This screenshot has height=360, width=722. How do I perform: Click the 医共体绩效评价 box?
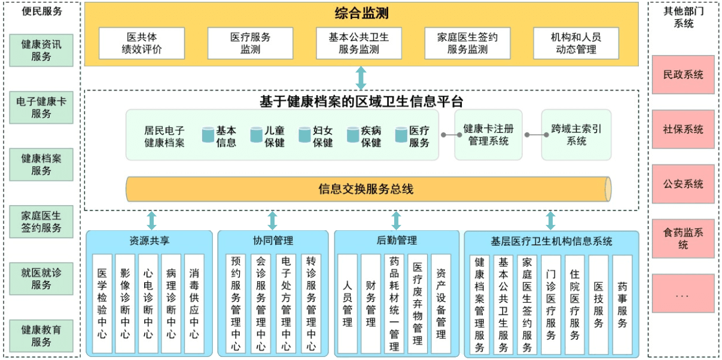pos(141,43)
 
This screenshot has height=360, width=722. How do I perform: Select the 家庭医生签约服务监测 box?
pos(467,43)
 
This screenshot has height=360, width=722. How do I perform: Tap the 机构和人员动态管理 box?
pos(575,43)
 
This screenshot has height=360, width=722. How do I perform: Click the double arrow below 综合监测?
pos(361,78)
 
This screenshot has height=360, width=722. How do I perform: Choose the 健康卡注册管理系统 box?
pos(488,135)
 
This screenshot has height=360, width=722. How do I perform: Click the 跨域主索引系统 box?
pos(576,135)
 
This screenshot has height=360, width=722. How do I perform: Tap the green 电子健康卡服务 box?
pos(41,108)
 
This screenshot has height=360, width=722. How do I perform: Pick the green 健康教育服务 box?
pos(41,336)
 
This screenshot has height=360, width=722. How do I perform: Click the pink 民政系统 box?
pos(683,75)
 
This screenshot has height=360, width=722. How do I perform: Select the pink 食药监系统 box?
pos(683,239)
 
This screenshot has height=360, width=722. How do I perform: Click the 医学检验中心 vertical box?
pos(102,304)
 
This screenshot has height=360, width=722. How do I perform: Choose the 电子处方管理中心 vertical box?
pos(286,304)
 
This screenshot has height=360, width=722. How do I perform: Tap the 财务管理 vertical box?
pos(371,304)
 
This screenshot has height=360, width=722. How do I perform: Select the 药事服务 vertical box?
pos(622,304)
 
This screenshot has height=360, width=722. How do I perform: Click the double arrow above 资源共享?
pos(151,220)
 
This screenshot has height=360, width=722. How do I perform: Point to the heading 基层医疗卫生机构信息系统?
pos(551,242)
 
